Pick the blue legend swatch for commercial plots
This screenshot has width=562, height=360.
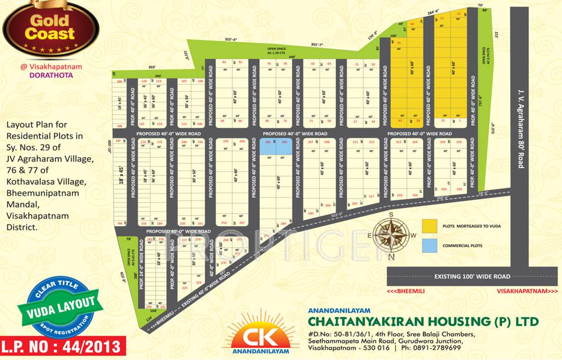430,245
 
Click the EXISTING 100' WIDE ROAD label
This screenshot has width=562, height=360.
472,277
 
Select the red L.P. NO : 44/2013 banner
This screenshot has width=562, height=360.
64,347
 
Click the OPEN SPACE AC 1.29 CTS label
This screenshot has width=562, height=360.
277,51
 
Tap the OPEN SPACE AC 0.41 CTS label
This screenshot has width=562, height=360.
130,257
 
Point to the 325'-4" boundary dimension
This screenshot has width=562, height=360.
230,39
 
